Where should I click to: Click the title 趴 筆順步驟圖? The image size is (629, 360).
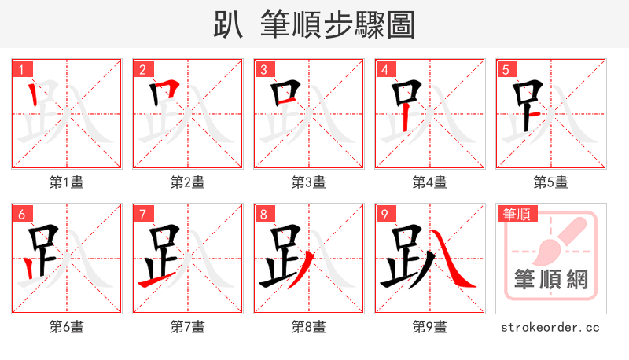coord(314,24)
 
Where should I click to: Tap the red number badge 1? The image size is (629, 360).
coord(21,69)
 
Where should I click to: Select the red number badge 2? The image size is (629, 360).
coord(142,69)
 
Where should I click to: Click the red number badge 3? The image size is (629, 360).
coord(263,69)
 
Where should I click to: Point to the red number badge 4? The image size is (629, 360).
coord(384,69)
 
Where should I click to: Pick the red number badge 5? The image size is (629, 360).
coord(506,69)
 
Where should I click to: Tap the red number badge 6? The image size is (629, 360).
coord(21,214)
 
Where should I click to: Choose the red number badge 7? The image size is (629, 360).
coord(142,214)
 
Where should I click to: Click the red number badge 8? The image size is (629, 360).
coord(263,214)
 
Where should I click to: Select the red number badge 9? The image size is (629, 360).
coord(384,214)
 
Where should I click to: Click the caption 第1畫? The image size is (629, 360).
coord(67,182)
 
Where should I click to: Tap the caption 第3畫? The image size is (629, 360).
coord(309,182)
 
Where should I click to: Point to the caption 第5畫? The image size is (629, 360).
coord(551,182)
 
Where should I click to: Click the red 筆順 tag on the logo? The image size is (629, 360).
coord(517,214)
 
